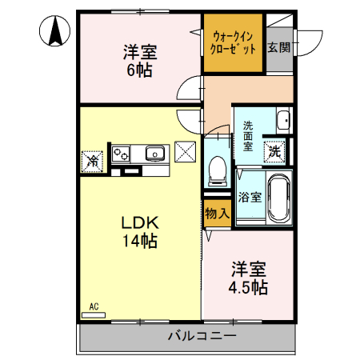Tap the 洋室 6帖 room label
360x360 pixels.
click(x=139, y=61)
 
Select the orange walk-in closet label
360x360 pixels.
click(x=232, y=42)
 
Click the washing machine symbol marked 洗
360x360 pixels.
click(x=275, y=149)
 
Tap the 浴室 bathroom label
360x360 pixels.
click(x=249, y=197)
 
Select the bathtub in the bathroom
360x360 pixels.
click(x=278, y=198)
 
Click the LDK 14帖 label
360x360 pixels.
click(x=138, y=230)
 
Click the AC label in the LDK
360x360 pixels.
click(x=94, y=306)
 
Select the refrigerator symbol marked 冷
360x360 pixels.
click(x=92, y=160)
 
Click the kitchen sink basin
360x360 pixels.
click(x=154, y=153)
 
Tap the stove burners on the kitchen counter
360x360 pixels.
click(x=122, y=152)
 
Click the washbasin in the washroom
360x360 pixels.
click(x=282, y=122)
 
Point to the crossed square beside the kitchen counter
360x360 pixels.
click(x=186, y=151)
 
